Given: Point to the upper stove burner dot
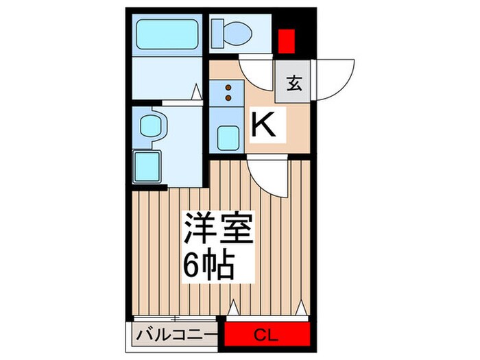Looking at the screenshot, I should pyautogui.click(x=228, y=88).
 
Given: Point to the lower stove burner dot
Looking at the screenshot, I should pyautogui.click(x=228, y=98).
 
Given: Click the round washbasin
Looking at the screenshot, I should pyautogui.click(x=150, y=125).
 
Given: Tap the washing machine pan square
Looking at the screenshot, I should pyautogui.click(x=147, y=165).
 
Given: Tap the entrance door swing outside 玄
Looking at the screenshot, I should pyautogui.click(x=334, y=77).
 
